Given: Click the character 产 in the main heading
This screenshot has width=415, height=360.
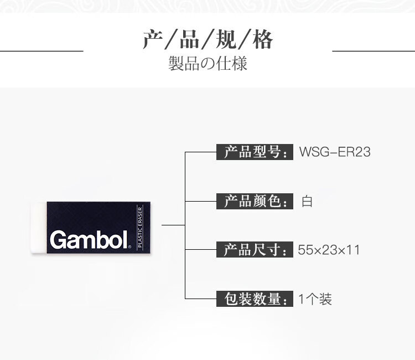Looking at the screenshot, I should point(153,40).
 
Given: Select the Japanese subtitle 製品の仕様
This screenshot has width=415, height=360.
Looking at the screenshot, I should point(207,63).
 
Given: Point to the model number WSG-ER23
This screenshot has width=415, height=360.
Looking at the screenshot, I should point(335,152).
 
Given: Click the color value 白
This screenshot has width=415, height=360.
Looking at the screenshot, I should point(307,201).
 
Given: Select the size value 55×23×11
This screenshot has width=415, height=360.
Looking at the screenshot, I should point(329,250).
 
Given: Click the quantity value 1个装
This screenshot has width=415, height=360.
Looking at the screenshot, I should point(315,299).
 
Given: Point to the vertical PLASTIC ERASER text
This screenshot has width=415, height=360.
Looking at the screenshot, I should point(140,228).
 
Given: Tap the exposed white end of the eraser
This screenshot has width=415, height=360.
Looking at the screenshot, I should point(39,228).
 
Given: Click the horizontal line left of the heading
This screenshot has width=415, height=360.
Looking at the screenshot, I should point(41,50).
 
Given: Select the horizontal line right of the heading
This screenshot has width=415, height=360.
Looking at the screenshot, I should point(373,50).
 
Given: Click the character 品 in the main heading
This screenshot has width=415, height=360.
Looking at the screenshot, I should point(189,40).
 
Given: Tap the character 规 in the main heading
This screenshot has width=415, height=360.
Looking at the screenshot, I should point(226,40).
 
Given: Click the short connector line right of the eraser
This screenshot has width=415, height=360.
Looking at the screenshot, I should point(173,225).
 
